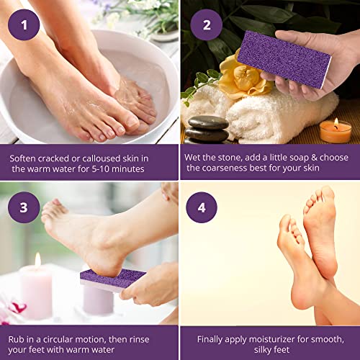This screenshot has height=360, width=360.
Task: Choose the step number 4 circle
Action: [202, 208]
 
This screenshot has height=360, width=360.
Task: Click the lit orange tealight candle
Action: [336, 130]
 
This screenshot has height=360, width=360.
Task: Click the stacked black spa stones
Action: [207, 130]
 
